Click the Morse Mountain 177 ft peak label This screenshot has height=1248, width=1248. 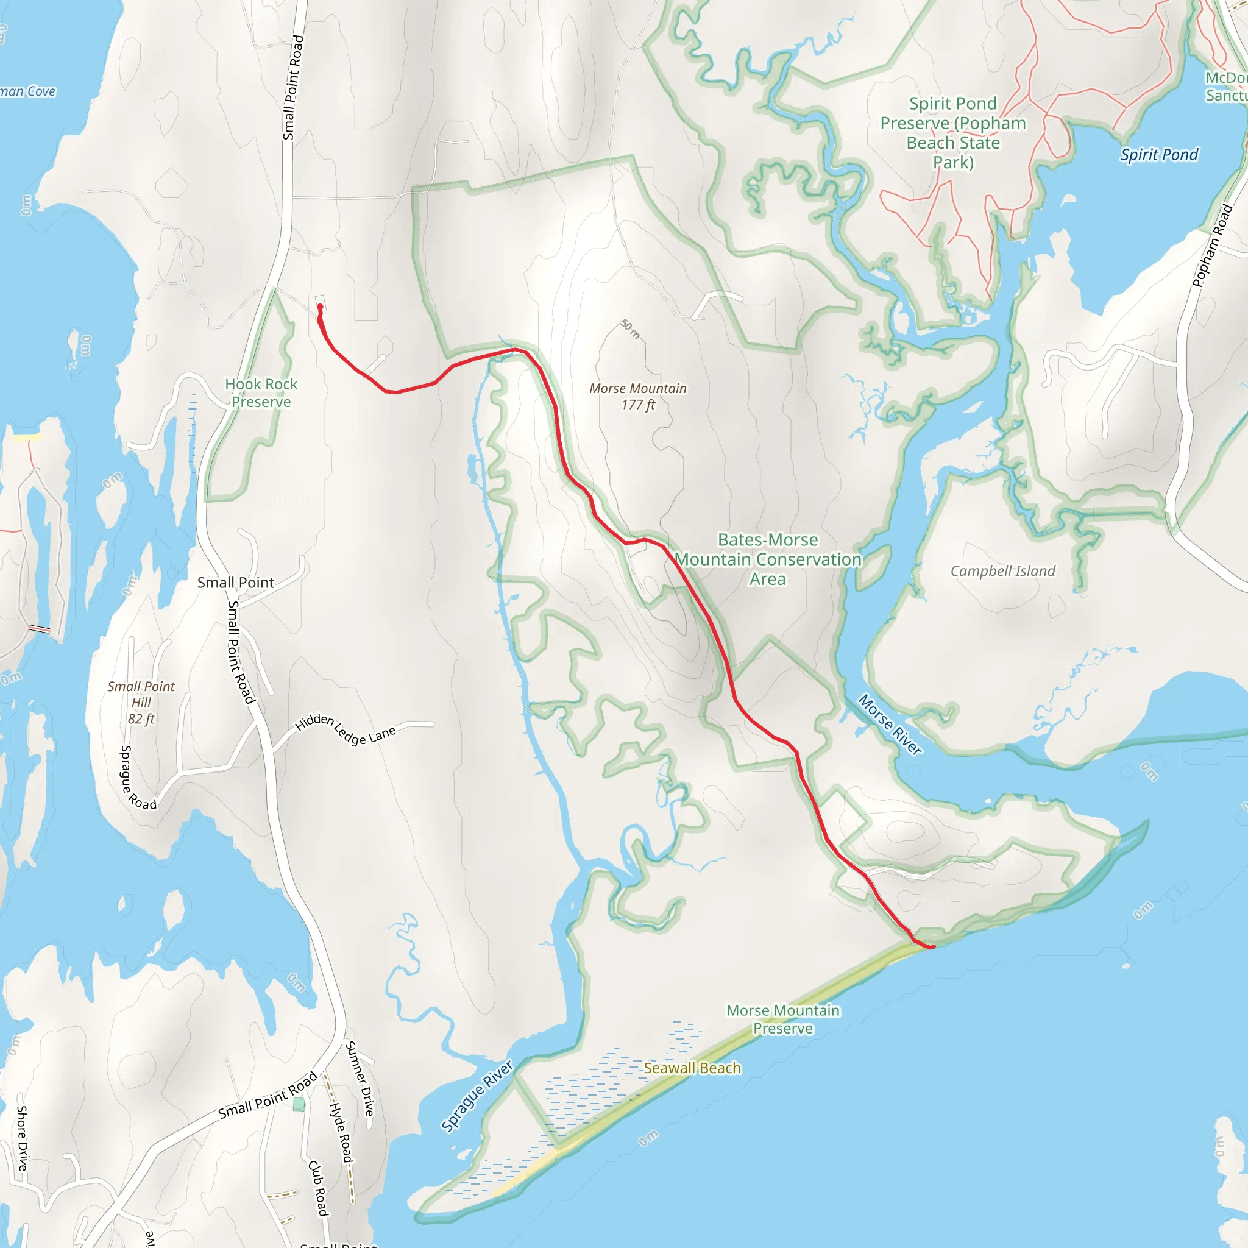(637, 396)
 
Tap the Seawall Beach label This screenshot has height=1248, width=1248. (692, 1068)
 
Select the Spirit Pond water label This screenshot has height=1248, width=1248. (1159, 154)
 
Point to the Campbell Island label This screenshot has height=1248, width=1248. (1002, 570)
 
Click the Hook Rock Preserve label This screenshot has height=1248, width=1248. (261, 393)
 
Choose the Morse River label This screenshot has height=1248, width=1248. (890, 724)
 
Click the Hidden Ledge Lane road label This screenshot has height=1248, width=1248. (345, 729)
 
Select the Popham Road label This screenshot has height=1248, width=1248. (1212, 246)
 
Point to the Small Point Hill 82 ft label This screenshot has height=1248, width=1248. (141, 702)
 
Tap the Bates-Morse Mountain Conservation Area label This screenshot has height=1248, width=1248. (767, 559)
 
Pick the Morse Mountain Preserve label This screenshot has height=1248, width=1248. (783, 1019)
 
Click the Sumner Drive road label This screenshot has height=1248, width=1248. (360, 1078)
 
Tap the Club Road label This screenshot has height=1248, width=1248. (318, 1187)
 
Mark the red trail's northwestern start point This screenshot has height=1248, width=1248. (320, 307)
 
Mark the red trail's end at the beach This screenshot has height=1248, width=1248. (933, 947)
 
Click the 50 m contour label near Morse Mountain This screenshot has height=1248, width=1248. (631, 329)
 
